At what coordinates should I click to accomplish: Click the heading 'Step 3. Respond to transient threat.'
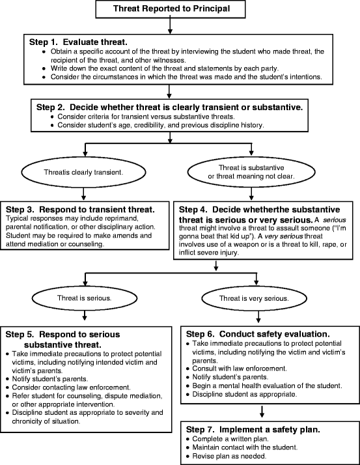click(x=80, y=209)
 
